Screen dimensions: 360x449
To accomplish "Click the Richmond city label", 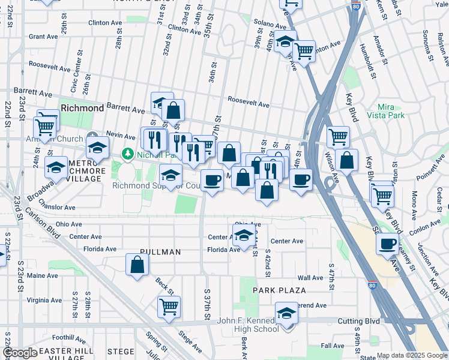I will pos(83,109).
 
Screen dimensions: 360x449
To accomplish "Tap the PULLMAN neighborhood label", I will pos(160,253).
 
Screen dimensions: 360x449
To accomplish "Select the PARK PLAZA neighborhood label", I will pos(279,290).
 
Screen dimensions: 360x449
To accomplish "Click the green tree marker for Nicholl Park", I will pos(127,154).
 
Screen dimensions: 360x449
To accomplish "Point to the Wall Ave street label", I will pos(310,278).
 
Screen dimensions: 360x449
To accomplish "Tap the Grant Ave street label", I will pos(43,37).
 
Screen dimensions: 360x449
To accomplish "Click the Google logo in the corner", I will pos(20,353).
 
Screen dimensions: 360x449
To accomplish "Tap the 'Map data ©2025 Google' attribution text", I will pos(412,355).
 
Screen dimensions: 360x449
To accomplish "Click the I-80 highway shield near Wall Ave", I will pos(373,286).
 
